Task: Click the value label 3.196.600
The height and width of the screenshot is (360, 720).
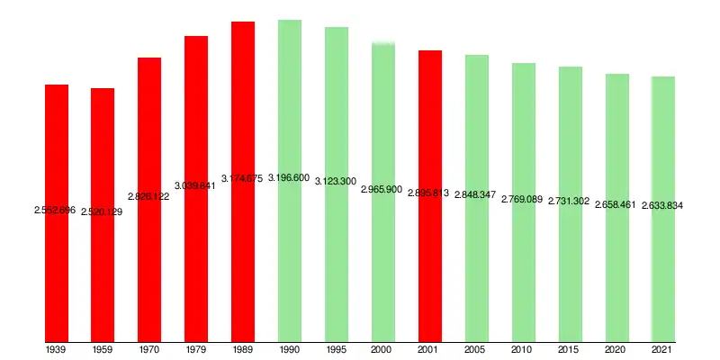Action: coord(289,178)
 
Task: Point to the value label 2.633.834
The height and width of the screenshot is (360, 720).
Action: coord(662,206)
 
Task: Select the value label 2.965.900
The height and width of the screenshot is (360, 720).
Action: coord(382,190)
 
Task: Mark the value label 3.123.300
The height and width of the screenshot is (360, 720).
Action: coord(336,182)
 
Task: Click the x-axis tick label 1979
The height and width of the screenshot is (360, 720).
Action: coord(196,348)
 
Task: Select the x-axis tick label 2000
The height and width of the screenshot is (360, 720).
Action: coord(383,348)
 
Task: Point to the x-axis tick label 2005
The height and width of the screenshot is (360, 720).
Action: coord(477,348)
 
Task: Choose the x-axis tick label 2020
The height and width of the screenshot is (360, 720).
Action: coord(616,348)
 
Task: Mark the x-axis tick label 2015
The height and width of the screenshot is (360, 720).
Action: coord(570,348)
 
